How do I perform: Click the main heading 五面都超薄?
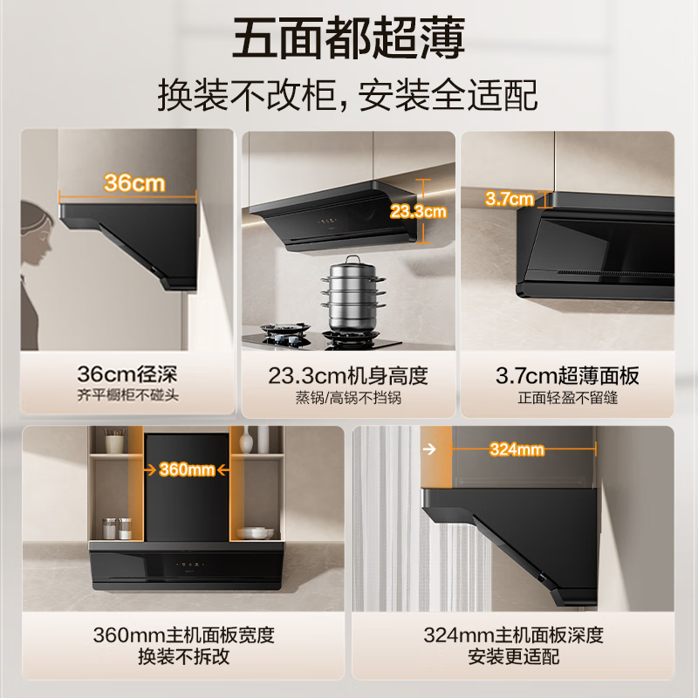(348, 38)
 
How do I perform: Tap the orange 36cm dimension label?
(134, 183)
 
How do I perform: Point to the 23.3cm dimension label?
(418, 211)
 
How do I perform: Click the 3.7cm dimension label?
(510, 199)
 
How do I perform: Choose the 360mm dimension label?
(187, 469)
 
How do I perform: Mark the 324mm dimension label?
(517, 450)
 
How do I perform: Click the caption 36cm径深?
(127, 375)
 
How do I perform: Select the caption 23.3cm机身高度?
(348, 376)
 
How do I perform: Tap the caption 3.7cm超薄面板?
(567, 376)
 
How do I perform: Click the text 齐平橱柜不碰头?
(127, 397)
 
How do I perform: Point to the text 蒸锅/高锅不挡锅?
(348, 397)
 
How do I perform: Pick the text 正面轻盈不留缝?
(567, 397)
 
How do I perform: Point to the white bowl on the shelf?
(254, 531)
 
